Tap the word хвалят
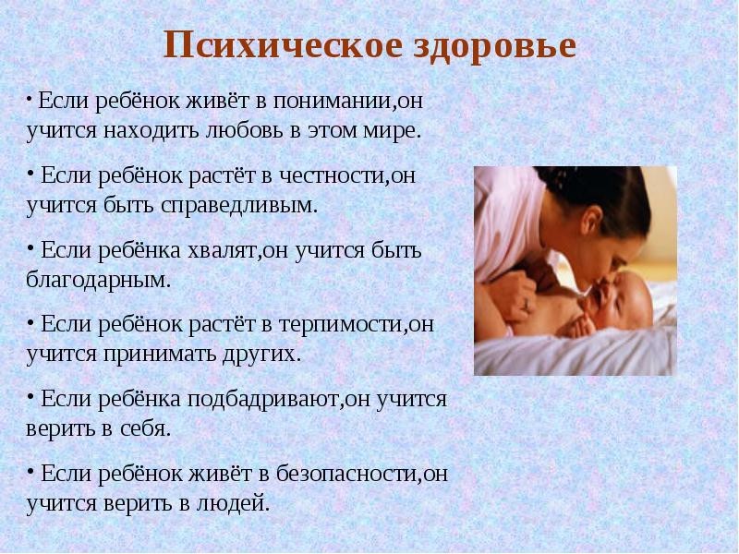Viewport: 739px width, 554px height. (x=223, y=250)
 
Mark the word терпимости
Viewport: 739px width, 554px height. (x=341, y=325)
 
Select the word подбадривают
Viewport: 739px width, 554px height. (x=263, y=399)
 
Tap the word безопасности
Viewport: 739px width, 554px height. (x=347, y=473)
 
